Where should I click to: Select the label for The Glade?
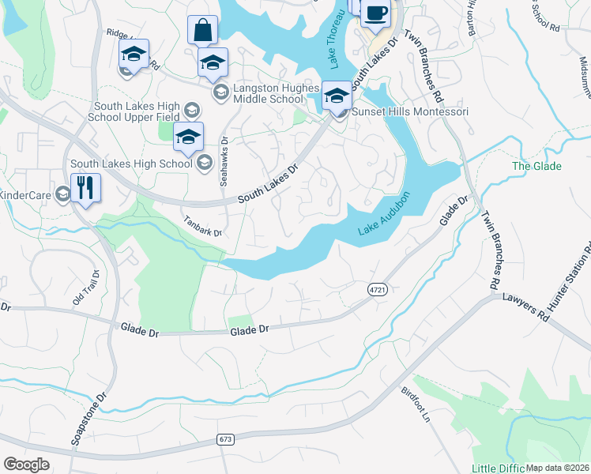[x=536, y=166]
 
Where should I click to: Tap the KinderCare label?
[x=25, y=194]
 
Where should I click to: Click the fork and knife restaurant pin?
[x=85, y=188]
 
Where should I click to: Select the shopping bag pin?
[x=202, y=31]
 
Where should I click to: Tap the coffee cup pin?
[x=375, y=13]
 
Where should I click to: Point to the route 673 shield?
[x=226, y=438]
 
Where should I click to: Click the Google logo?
[x=26, y=464]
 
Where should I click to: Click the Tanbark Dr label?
[x=203, y=227]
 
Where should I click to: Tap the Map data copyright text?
[x=557, y=468]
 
